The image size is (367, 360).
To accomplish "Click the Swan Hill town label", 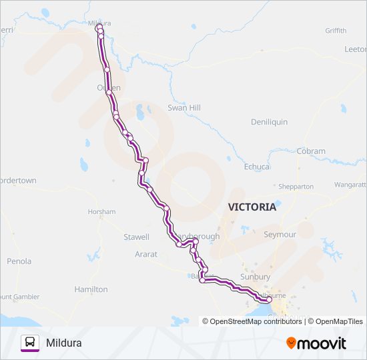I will [184, 107].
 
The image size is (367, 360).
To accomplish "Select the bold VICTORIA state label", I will [252, 207].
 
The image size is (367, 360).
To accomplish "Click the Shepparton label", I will [295, 187].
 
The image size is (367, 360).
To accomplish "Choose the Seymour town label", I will [280, 235].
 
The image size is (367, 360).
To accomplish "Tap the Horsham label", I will [101, 211].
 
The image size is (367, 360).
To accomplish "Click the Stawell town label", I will [136, 237].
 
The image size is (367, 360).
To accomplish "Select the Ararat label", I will [145, 254].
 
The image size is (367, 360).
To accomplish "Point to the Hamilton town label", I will [91, 289].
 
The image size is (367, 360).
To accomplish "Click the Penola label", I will [19, 261].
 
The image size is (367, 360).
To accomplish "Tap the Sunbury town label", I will [256, 277].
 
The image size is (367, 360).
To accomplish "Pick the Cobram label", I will [311, 151].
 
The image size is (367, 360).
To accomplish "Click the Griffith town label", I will [336, 31].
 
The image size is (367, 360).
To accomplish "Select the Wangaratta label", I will [350, 184].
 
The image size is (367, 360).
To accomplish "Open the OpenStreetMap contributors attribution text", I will [252, 321].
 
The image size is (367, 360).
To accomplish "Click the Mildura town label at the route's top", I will [99, 23].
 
